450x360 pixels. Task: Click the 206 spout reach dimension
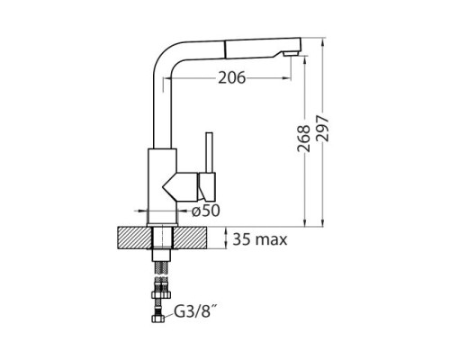pos(231,78)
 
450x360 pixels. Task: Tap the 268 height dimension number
pos(303,139)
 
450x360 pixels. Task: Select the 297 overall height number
pos(322,128)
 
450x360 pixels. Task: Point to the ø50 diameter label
pos(206,211)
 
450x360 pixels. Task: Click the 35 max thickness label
pos(260,239)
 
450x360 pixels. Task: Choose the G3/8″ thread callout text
pos(194,312)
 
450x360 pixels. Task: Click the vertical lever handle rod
pos(209,153)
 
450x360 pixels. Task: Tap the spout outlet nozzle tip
pos(291,54)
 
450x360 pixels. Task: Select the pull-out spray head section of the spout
pos(263,49)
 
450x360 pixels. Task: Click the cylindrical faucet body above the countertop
pos(162,186)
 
